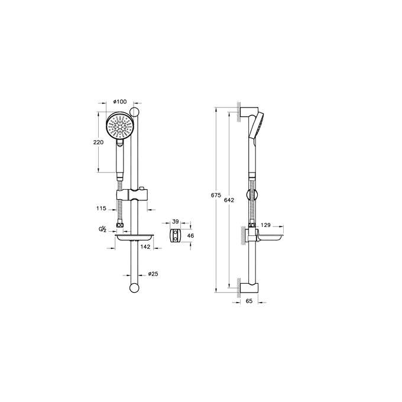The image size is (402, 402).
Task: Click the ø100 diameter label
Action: (x=120, y=102)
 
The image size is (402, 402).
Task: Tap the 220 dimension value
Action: (x=98, y=142)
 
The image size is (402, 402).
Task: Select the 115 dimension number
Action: (x=101, y=209)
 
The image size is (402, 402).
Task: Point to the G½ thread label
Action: (x=102, y=229)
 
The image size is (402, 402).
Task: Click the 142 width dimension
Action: (x=145, y=247)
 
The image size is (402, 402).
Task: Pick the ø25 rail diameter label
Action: (x=153, y=274)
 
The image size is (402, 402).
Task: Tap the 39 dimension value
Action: (x=176, y=222)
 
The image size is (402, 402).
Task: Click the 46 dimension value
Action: (x=191, y=235)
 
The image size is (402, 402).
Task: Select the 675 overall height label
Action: (x=216, y=195)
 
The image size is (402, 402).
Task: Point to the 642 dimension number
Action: (x=229, y=200)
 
